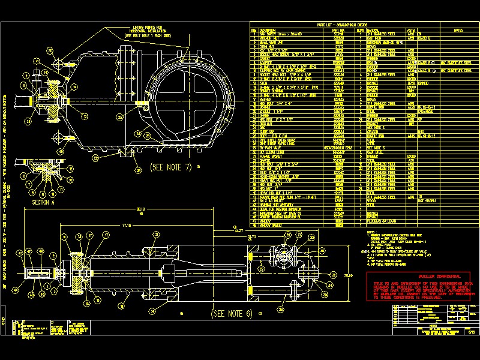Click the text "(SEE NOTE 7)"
click(x=170, y=167)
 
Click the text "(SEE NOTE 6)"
click(x=232, y=313)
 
